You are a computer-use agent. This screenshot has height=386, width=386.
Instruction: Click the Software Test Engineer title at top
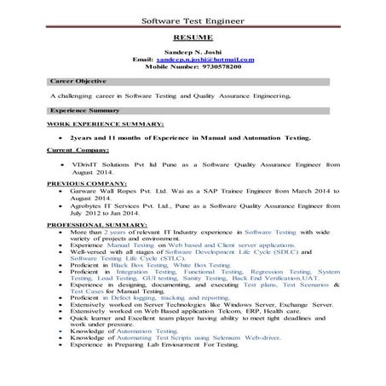coord(193,20)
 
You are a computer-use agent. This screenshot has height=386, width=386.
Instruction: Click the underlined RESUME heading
coord(193,39)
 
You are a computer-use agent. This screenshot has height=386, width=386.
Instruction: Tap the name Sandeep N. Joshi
coord(193,53)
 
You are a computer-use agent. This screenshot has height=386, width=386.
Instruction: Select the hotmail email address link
coord(211,60)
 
